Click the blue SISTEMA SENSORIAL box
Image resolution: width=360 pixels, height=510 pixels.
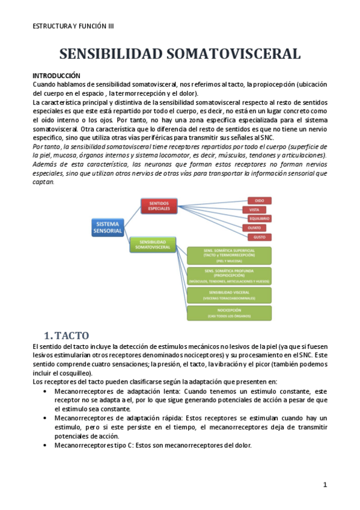[108, 227]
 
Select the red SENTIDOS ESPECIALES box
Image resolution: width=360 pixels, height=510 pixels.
[159, 206]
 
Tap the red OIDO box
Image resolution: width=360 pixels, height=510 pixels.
[260, 200]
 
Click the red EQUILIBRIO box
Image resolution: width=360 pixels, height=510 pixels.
[260, 218]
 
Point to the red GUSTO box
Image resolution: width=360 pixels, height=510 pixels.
[260, 237]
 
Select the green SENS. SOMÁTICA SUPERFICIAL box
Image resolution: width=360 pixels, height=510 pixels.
[229, 256]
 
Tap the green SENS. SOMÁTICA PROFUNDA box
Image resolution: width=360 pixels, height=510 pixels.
[229, 275]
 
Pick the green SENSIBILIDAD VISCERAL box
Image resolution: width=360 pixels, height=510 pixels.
[229, 294]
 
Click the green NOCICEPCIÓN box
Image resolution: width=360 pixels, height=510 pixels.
[229, 313]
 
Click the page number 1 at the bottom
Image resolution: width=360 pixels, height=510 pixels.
[325, 484]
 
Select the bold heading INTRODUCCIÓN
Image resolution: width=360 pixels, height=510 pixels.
[56, 76]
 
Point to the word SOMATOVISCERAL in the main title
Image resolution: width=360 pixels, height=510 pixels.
[233, 54]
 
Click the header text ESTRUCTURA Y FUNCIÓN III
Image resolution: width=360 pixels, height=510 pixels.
[73, 26]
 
